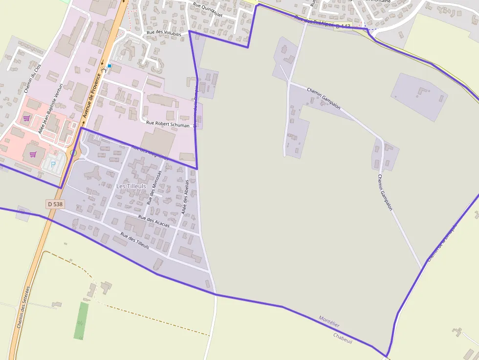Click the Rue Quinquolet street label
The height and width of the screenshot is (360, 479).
point(208,10)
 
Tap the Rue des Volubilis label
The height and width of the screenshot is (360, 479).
point(164,34)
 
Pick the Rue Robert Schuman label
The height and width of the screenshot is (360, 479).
point(168,125)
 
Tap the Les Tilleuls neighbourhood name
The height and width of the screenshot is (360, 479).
point(131,186)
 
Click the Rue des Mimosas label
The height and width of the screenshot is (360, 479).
point(154,188)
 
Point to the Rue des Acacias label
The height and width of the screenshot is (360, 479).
point(154,221)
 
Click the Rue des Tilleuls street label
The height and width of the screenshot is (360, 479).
point(134,241)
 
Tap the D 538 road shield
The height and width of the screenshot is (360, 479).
point(55,204)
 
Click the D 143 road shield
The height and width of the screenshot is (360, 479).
point(344,26)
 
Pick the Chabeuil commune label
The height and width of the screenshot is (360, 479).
point(343,338)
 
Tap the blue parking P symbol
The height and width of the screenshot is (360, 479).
point(53,164)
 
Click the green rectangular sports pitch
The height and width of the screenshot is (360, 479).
point(81,320)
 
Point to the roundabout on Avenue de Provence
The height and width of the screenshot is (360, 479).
point(73,153)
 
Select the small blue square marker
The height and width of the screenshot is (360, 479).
point(109,65)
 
